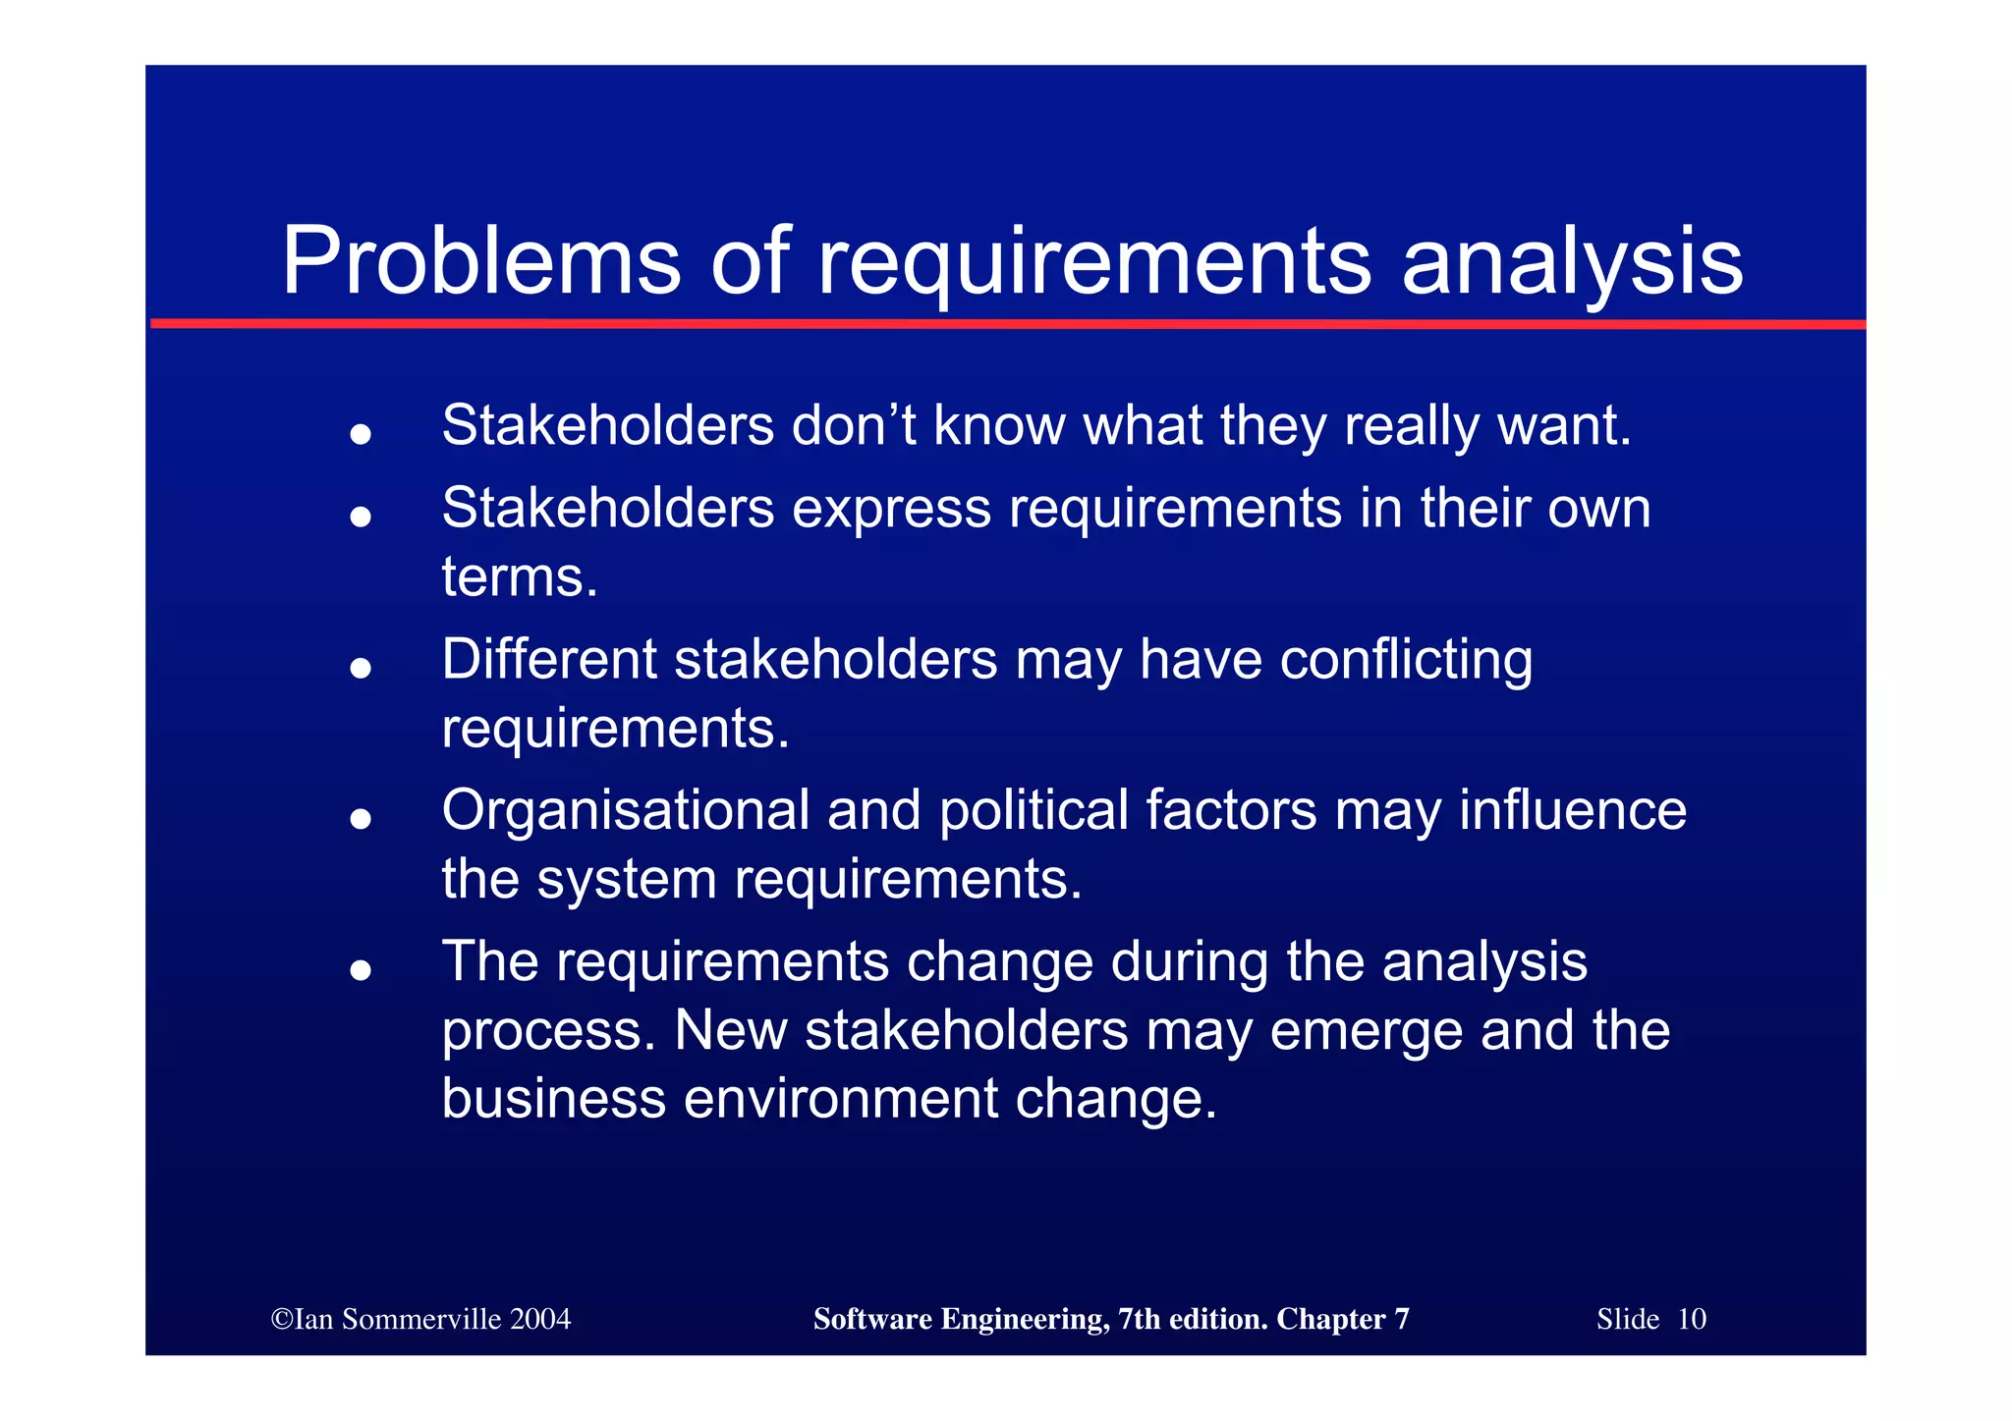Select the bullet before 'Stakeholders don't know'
(x=361, y=433)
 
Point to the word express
(x=891, y=509)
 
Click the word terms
(x=519, y=577)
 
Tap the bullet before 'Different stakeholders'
(x=361, y=668)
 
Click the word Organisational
(x=626, y=811)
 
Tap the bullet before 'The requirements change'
(x=361, y=970)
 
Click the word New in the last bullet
(x=730, y=1031)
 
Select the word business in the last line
(x=553, y=1098)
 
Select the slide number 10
(x=1691, y=1319)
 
